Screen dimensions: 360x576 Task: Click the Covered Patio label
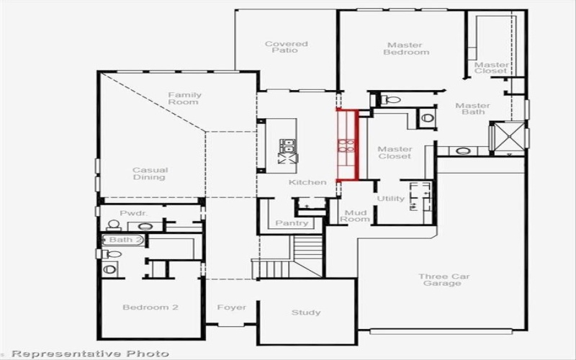[x=286, y=48]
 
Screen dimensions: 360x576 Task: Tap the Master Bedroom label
[x=406, y=48]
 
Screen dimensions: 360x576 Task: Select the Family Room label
[x=184, y=99]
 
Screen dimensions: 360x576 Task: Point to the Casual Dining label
[x=150, y=174]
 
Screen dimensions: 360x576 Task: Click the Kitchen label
[x=307, y=182]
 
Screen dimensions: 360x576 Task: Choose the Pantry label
[x=292, y=223]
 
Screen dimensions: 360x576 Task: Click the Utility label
[x=390, y=199]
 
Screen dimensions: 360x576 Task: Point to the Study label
[x=306, y=312]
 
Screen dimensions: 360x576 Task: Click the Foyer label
[x=231, y=307]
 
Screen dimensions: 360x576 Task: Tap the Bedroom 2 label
[x=150, y=307]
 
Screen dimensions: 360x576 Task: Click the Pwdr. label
[x=133, y=213]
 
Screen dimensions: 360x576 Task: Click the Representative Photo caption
[x=90, y=354]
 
